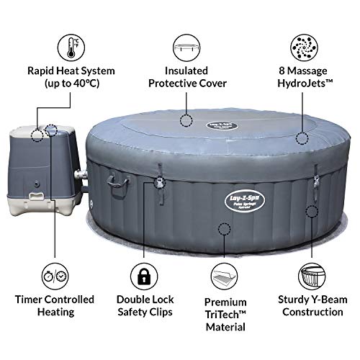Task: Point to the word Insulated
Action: pyautogui.click(x=187, y=71)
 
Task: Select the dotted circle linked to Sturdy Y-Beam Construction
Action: pyautogui.click(x=312, y=211)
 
